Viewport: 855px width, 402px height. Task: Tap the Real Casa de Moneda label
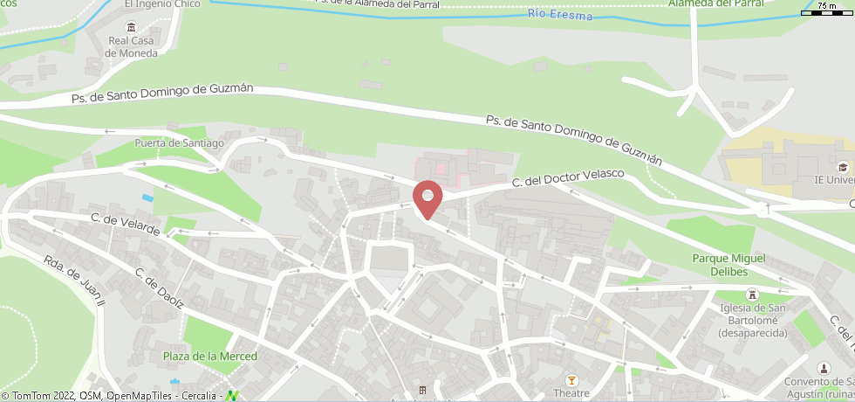(x=132, y=46)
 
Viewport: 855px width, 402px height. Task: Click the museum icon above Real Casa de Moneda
(x=131, y=26)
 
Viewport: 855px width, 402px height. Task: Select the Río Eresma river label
(x=560, y=16)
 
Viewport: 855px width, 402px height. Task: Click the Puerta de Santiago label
(x=180, y=142)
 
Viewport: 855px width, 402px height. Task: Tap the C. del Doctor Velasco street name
(x=568, y=178)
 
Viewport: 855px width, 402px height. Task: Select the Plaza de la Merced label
(x=210, y=356)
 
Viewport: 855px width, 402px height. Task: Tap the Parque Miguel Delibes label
(x=728, y=264)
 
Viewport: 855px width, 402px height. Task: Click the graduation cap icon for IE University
(x=842, y=166)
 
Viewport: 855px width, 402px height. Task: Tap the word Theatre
(x=571, y=392)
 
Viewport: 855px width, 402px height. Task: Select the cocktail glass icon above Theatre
(x=571, y=379)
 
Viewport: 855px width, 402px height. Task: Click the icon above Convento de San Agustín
(x=823, y=368)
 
